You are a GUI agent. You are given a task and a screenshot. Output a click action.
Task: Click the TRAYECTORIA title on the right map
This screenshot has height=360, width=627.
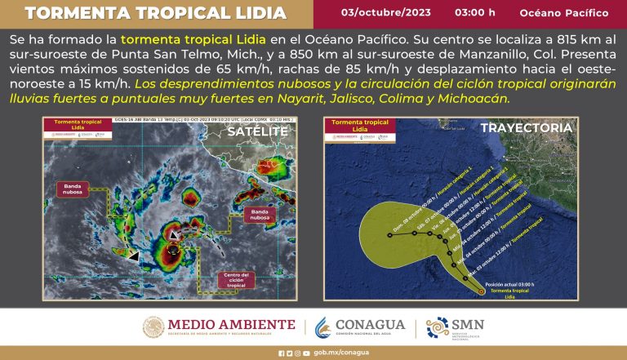coord(536,128)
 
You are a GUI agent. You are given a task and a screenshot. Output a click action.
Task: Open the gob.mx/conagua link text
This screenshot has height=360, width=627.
coord(325,353)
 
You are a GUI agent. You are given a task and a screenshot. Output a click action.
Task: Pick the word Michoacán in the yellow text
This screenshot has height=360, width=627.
coord(478,97)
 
